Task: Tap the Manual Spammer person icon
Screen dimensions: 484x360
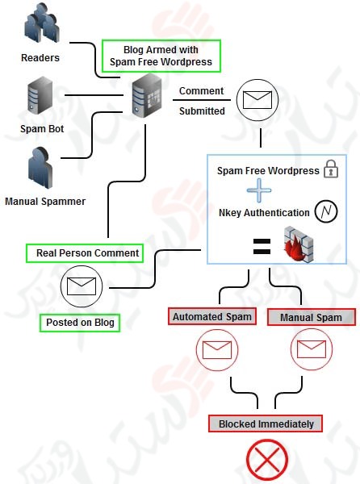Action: click(40, 167)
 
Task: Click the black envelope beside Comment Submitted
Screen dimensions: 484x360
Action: click(260, 101)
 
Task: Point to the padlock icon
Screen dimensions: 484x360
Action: click(331, 170)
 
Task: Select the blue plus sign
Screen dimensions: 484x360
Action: click(258, 192)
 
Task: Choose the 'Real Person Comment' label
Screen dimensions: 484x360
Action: click(84, 253)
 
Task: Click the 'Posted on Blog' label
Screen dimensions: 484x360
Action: click(79, 323)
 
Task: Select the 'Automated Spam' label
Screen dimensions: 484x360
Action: click(211, 317)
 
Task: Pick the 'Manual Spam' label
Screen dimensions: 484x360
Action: click(305, 317)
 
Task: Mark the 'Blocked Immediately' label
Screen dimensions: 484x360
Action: click(266, 423)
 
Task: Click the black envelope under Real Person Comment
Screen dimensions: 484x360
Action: click(79, 286)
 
